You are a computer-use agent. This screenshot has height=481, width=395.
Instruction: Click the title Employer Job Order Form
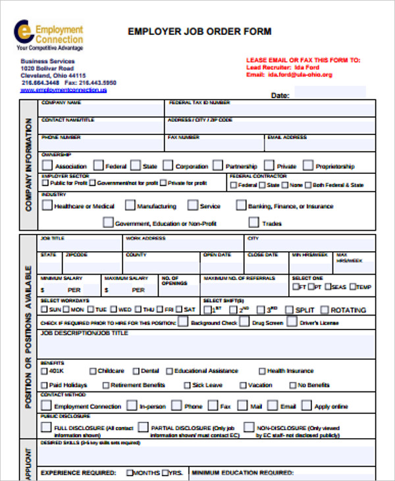click(x=199, y=32)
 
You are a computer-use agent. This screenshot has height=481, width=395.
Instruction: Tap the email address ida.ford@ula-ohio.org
click(x=300, y=75)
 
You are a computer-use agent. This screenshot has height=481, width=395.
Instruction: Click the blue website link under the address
click(x=63, y=90)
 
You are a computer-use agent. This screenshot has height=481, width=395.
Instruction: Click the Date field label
click(x=280, y=96)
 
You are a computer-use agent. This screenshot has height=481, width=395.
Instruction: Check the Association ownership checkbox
click(x=46, y=166)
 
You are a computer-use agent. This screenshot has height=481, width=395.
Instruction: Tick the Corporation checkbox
click(x=168, y=166)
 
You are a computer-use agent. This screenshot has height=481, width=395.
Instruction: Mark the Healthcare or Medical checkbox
click(x=47, y=206)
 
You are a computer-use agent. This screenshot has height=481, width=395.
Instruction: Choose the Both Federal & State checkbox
click(x=307, y=185)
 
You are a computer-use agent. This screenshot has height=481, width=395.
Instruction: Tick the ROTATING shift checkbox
click(x=323, y=309)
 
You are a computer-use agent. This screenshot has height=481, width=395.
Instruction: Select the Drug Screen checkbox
click(x=244, y=322)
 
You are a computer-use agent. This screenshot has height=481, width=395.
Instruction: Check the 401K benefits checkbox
click(x=45, y=371)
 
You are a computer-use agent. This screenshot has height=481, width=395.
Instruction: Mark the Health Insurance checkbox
click(x=261, y=371)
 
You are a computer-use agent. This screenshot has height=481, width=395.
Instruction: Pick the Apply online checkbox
click(x=307, y=406)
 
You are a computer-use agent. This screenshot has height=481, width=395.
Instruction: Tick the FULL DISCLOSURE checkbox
click(x=46, y=427)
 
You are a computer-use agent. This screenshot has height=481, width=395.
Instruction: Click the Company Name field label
click(x=61, y=103)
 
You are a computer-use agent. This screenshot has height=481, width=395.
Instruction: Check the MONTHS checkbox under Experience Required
click(x=130, y=473)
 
